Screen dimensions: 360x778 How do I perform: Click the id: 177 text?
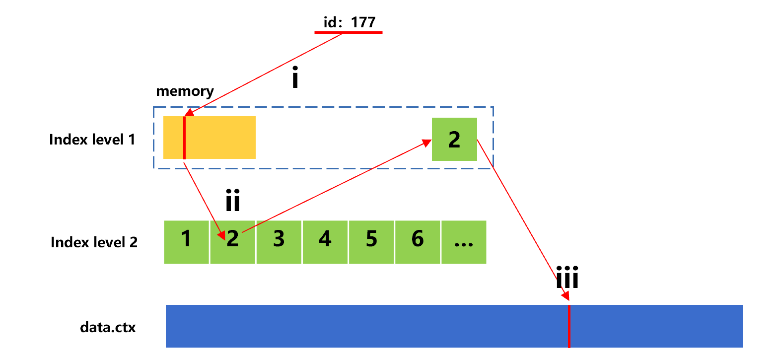[348, 22]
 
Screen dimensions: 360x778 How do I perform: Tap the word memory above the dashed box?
[185, 91]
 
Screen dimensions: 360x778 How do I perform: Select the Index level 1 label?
[92, 140]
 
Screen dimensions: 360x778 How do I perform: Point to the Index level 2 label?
[94, 242]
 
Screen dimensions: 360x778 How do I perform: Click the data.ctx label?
[108, 328]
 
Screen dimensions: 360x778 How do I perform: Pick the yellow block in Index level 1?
[218, 138]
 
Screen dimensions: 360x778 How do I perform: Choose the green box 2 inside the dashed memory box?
[454, 140]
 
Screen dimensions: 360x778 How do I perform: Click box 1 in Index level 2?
[186, 242]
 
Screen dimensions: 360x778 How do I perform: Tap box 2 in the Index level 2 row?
[233, 242]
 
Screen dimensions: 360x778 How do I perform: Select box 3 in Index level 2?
[279, 242]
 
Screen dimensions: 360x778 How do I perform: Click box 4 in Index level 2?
[325, 242]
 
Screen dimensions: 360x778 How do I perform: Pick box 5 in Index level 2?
[371, 242]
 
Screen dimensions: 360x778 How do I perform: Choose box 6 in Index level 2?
[418, 242]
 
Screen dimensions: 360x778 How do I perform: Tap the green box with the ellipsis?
[464, 242]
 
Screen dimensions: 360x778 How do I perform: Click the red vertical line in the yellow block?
[184, 138]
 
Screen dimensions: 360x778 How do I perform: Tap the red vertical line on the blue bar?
[569, 326]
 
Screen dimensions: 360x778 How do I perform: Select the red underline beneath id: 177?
[348, 33]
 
